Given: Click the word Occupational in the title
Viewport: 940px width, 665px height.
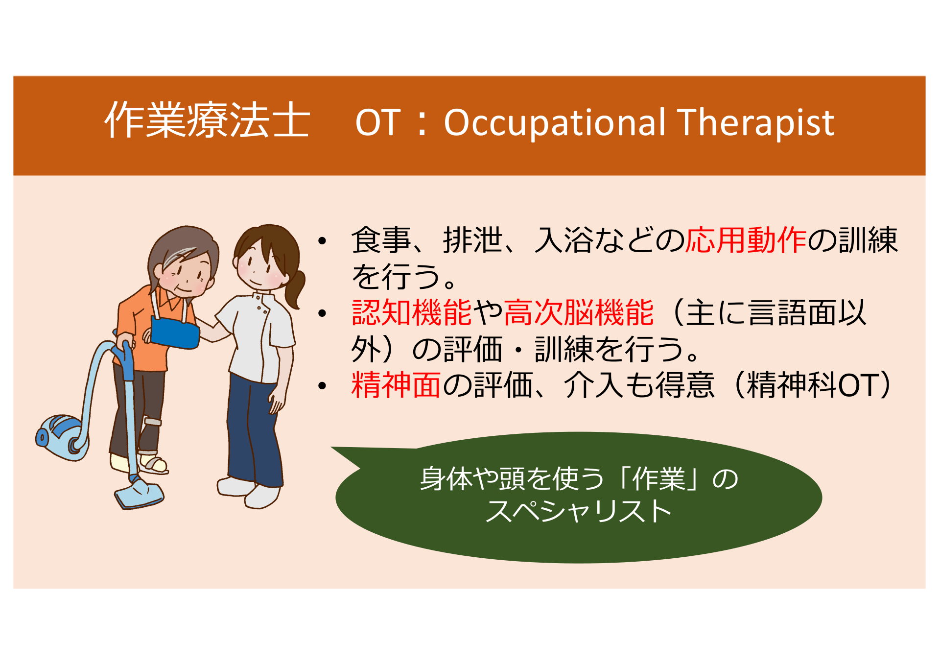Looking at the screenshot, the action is (x=555, y=123).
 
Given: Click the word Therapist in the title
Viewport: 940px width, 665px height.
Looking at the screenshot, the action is (x=756, y=122).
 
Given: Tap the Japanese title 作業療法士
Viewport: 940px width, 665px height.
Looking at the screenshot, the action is (x=208, y=120).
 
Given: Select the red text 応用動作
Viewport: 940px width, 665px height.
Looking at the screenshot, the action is (x=746, y=240).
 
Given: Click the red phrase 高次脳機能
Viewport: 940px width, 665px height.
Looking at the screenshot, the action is (x=579, y=312).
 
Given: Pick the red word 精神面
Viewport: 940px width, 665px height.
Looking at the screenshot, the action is (x=396, y=385).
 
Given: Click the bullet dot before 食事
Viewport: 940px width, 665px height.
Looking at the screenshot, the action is (x=322, y=241).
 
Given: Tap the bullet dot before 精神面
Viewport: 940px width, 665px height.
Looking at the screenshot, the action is (x=322, y=386).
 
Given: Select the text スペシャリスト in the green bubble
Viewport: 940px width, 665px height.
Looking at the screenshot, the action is (x=578, y=512).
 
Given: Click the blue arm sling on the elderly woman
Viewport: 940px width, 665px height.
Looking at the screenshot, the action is (x=174, y=332).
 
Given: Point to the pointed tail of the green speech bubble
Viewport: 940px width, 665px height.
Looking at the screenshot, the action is (x=332, y=448).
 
